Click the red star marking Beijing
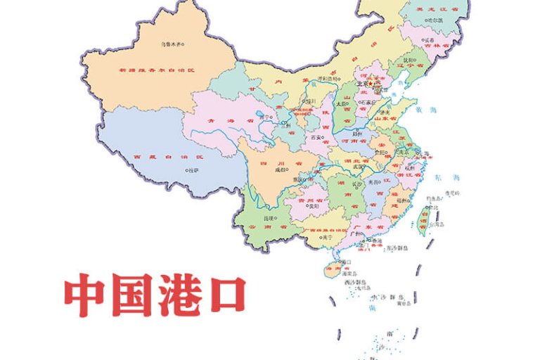pyautogui.click(x=371, y=84)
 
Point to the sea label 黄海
pyautogui.click(x=420, y=110)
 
